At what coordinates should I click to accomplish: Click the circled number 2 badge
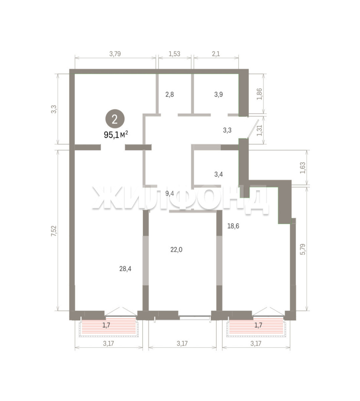[115, 119]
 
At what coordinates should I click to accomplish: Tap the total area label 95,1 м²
[116, 134]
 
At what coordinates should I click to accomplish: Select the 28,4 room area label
[125, 268]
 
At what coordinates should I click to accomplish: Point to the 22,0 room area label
[176, 250]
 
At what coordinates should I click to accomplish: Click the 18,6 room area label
[233, 226]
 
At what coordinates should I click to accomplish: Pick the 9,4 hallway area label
[170, 193]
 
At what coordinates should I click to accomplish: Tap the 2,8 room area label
[170, 94]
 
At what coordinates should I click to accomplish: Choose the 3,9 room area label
[218, 94]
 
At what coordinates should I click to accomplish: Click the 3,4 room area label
[218, 175]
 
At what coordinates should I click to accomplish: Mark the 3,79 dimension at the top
[115, 54]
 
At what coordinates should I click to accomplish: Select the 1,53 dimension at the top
[174, 54]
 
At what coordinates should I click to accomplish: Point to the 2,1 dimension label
[216, 54]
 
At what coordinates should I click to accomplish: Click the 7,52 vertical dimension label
[53, 231]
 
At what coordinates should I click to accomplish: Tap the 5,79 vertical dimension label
[303, 249]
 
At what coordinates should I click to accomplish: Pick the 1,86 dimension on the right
[259, 94]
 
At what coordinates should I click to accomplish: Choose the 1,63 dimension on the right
[303, 168]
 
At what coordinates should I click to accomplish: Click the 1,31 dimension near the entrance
[260, 131]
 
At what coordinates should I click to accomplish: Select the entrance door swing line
[253, 129]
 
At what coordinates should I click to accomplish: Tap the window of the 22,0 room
[194, 317]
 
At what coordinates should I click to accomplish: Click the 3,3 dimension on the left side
[54, 109]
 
